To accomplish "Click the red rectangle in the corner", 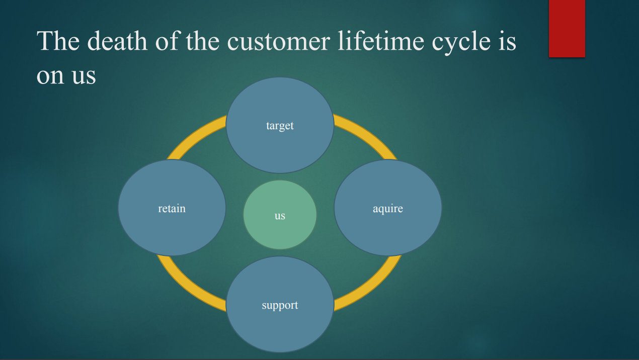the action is (x=567, y=29).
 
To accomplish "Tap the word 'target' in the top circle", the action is (x=280, y=126).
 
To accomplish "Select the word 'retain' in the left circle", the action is (x=172, y=208).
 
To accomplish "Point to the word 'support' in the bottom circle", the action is (x=280, y=306).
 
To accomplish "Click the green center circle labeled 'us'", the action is (x=280, y=215).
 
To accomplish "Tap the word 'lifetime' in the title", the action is (x=381, y=41).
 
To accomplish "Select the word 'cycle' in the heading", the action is (x=461, y=43).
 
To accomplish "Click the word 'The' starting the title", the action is (x=58, y=41).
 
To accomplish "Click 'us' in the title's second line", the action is (x=84, y=76).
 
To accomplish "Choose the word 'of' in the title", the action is (x=168, y=41).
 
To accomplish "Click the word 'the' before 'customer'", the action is (x=203, y=41).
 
